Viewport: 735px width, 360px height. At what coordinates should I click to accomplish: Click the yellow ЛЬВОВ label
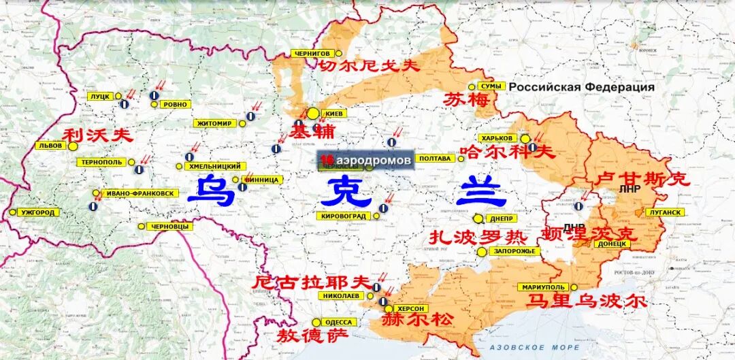coord(51,146)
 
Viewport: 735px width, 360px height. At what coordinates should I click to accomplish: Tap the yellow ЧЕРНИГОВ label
coord(313,53)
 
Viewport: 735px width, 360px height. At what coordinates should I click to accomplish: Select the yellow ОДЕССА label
coord(338,322)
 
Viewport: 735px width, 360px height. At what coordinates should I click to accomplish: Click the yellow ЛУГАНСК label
coord(665,212)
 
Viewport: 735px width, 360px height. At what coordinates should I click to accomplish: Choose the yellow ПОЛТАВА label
coord(435,159)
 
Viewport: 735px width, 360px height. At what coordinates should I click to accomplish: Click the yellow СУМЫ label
coord(491,86)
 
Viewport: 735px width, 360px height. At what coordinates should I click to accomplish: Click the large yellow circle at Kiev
coord(312,114)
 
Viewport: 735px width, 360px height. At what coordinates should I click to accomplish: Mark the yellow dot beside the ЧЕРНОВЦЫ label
coord(142,227)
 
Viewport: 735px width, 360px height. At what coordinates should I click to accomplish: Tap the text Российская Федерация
coord(582,87)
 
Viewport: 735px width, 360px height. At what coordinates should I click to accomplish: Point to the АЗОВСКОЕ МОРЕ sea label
coord(525,348)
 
